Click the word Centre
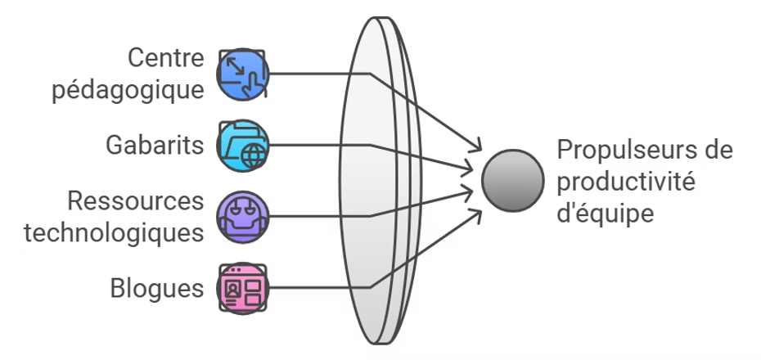166,59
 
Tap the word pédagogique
128,88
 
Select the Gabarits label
155,146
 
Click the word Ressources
136,201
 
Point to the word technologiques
114,232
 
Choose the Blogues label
156,288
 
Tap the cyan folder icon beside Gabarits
243,146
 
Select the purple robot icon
243,217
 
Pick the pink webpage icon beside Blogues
243,288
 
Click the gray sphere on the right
513,181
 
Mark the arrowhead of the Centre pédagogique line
475,147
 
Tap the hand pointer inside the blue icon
255,80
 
